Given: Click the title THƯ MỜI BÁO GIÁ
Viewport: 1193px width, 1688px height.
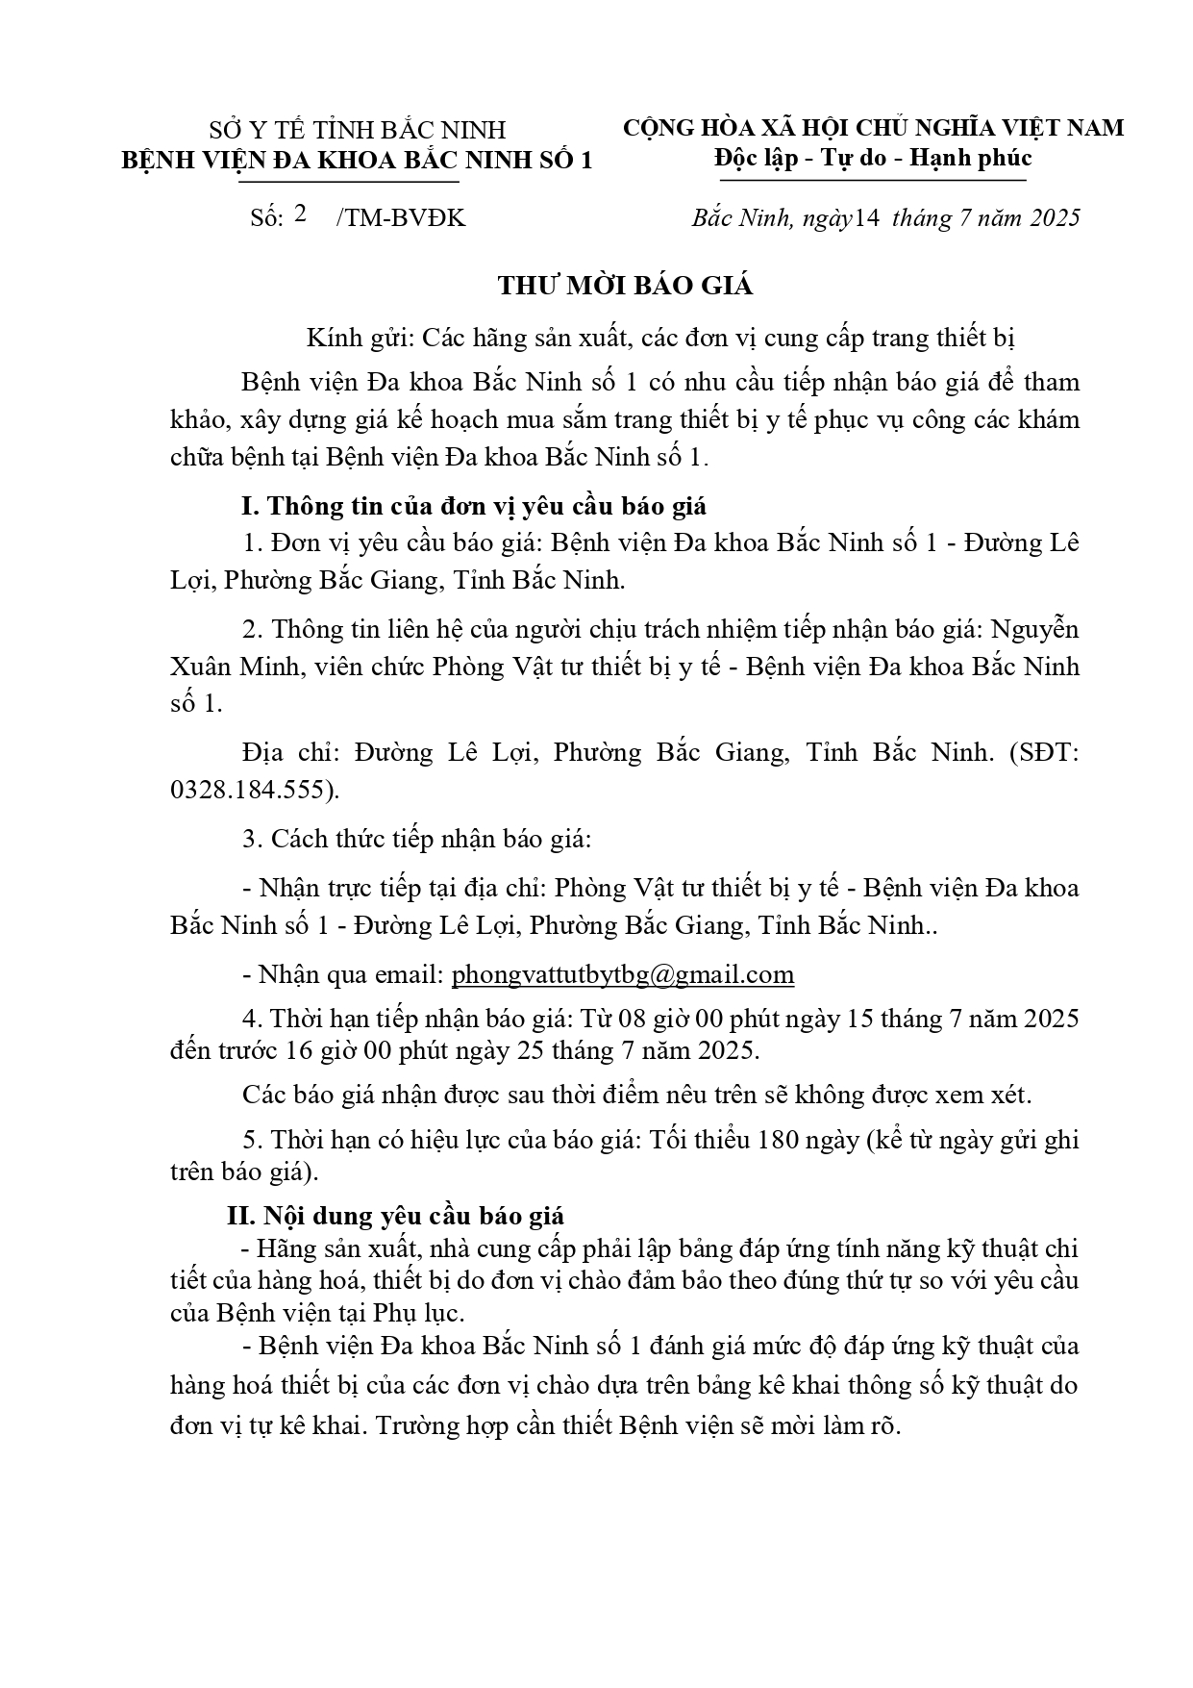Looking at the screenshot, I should point(624,286).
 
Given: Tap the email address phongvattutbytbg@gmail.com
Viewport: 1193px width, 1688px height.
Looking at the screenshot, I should point(623,974).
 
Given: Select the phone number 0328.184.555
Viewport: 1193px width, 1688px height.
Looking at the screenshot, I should point(253,790).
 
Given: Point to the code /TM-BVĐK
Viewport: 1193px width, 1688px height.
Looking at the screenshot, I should point(400,218).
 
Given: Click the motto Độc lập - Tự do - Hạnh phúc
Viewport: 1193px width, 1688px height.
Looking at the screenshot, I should point(873,158).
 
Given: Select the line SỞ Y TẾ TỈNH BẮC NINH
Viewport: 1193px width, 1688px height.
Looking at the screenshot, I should point(358,130).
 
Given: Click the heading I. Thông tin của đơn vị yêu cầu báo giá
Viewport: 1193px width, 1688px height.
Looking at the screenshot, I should point(473,506).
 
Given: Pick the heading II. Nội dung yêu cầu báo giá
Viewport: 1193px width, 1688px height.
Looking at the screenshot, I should point(395,1216).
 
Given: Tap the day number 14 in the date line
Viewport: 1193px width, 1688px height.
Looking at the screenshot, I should point(867,217).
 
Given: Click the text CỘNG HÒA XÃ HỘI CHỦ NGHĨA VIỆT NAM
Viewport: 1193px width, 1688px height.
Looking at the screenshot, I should point(873,128).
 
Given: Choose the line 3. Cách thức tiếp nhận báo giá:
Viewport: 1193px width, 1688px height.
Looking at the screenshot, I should point(416,838).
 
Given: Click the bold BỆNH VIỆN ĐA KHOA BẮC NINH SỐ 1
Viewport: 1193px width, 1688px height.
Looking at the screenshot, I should point(358,160).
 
